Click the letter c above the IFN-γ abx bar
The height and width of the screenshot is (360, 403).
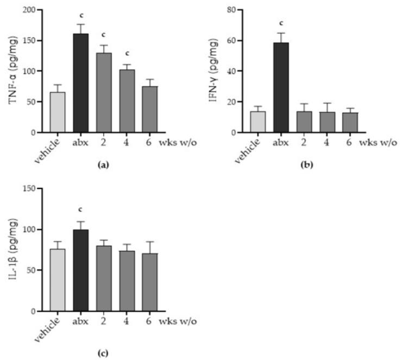(281, 23)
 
